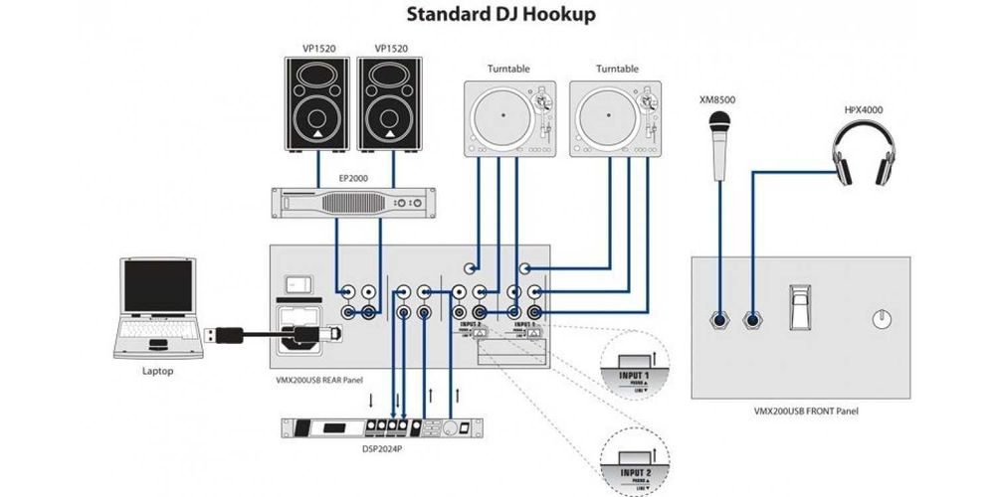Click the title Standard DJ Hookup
[x=497, y=16]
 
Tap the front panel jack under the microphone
[x=717, y=320]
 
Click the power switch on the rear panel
[x=296, y=283]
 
